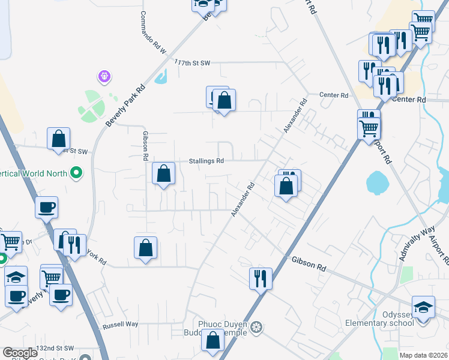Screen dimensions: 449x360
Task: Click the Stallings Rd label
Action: point(206,161)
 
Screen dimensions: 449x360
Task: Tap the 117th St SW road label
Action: point(192,62)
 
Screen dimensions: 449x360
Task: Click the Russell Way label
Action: point(120,324)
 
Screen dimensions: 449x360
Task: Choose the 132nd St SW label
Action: point(54,348)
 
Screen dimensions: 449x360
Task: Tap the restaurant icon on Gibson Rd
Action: point(261,278)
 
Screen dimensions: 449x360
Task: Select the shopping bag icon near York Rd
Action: point(145,248)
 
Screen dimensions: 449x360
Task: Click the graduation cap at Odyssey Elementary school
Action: point(423,308)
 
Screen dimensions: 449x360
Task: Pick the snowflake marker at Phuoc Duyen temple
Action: point(256,327)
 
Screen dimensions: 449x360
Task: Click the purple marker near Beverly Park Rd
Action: point(104,77)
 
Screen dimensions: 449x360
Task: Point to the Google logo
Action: point(20,353)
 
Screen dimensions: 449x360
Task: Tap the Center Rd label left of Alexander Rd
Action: point(334,95)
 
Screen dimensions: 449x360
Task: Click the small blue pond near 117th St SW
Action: point(161,76)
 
